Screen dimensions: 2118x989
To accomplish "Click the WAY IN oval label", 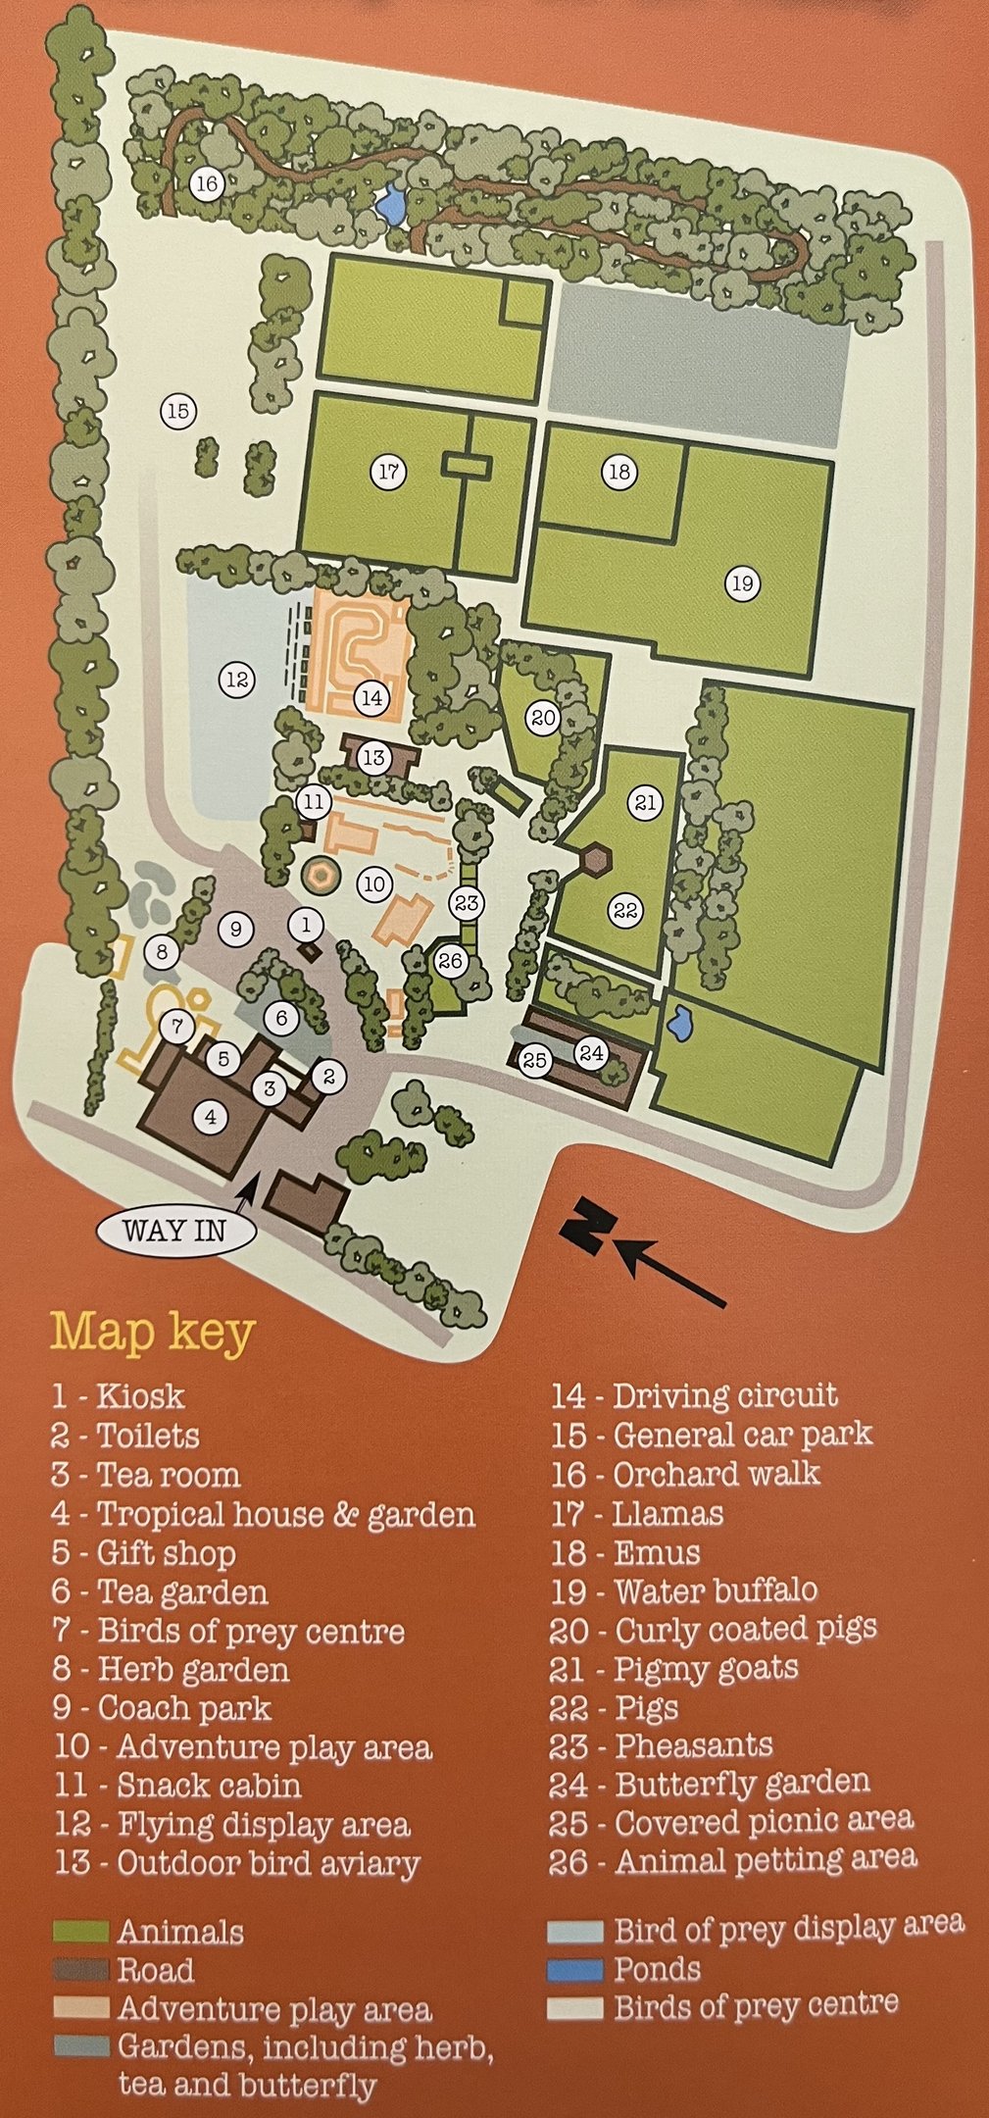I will [x=174, y=1230].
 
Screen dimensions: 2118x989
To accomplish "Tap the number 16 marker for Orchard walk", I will [x=206, y=183].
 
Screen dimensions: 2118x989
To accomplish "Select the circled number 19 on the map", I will [x=742, y=584].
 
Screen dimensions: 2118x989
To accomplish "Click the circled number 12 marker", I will [x=236, y=679].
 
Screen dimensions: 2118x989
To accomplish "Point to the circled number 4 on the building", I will [x=210, y=1116].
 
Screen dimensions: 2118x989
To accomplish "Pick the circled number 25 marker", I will [x=534, y=1060].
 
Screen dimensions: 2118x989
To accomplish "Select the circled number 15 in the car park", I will [x=177, y=412].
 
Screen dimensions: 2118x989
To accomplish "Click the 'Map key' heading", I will [x=153, y=1332].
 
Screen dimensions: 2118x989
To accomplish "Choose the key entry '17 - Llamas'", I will [x=636, y=1513].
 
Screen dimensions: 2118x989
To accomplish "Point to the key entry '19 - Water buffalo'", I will [x=683, y=1590].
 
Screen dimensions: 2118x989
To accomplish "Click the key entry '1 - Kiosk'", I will [x=118, y=1396].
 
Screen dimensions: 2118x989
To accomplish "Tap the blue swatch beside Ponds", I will [x=574, y=1969].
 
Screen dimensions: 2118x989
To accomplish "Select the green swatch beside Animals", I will [x=79, y=1931].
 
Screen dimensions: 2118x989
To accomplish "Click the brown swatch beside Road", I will [x=79, y=1970].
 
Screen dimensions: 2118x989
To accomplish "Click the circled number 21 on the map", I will [x=645, y=803].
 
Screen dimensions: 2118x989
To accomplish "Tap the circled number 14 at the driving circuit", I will [x=371, y=698].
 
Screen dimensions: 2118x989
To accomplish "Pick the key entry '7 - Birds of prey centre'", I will [x=227, y=1631].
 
